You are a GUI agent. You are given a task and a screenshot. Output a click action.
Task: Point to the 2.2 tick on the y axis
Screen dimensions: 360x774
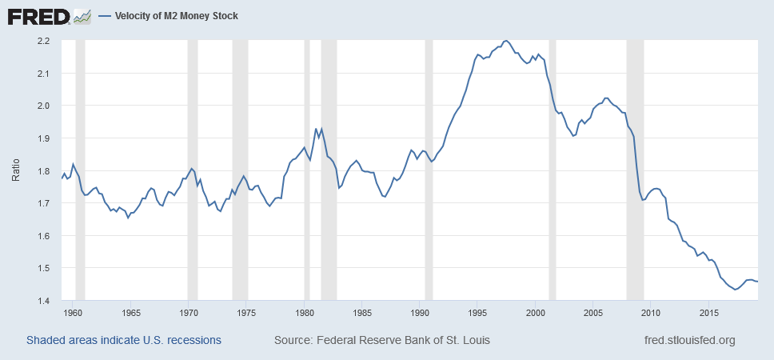click(43, 41)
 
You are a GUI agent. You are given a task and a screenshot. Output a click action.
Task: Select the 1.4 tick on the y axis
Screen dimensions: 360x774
click(43, 302)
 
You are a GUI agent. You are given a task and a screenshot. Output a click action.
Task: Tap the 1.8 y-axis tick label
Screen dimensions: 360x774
click(43, 171)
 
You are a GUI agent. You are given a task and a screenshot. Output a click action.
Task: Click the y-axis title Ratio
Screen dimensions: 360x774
click(15, 171)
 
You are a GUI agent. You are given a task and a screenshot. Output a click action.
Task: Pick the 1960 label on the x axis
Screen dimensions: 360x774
click(73, 313)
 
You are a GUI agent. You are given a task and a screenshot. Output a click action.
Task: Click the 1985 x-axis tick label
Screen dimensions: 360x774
click(362, 313)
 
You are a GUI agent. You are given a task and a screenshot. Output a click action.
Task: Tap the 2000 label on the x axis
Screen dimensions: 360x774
click(536, 313)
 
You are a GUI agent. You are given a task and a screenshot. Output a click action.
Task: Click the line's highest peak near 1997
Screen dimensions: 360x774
click(505, 40)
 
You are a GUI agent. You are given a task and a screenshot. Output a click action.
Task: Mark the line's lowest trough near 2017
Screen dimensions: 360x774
click(735, 290)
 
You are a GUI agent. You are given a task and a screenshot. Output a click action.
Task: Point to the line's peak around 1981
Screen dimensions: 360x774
click(317, 128)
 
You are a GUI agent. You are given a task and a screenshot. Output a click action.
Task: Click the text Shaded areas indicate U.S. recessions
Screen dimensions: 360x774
click(124, 340)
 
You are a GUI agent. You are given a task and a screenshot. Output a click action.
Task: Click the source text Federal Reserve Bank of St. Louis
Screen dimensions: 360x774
click(382, 340)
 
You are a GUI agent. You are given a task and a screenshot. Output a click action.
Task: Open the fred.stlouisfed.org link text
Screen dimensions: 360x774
click(689, 340)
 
